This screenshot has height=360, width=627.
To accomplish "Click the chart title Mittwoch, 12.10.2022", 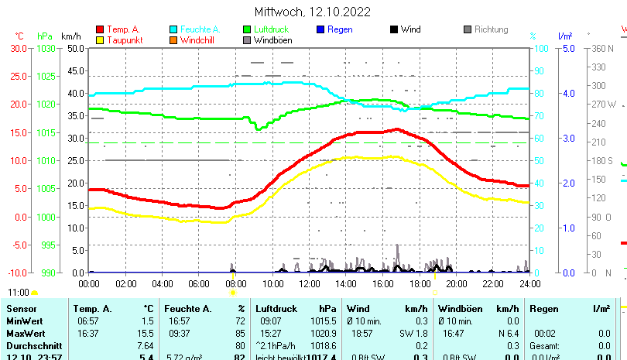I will pyautogui.click(x=313, y=12).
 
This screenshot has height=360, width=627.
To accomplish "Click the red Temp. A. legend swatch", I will pyautogui.click(x=100, y=29).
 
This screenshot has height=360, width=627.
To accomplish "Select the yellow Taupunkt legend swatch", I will pyautogui.click(x=100, y=39).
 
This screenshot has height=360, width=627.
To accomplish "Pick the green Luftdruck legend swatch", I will pyautogui.click(x=247, y=29).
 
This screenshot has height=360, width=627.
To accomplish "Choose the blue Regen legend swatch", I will pyautogui.click(x=320, y=29).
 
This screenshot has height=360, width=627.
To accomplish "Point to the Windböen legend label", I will pyautogui.click(x=273, y=39).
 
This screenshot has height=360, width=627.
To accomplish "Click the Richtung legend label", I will pyautogui.click(x=491, y=29).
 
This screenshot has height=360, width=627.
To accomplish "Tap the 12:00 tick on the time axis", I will pyautogui.click(x=310, y=283).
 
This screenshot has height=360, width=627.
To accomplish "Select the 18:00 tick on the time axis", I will pyautogui.click(x=420, y=283).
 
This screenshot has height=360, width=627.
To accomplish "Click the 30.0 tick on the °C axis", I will pyautogui.click(x=19, y=48).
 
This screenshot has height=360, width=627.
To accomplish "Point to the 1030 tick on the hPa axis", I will pyautogui.click(x=46, y=48).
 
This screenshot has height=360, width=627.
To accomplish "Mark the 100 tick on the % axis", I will pyautogui.click(x=542, y=48).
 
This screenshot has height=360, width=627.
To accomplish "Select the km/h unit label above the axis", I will pyautogui.click(x=70, y=36).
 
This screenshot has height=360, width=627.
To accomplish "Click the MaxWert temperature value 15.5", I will pyautogui.click(x=146, y=333).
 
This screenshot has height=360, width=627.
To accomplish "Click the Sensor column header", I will pyautogui.click(x=22, y=308).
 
